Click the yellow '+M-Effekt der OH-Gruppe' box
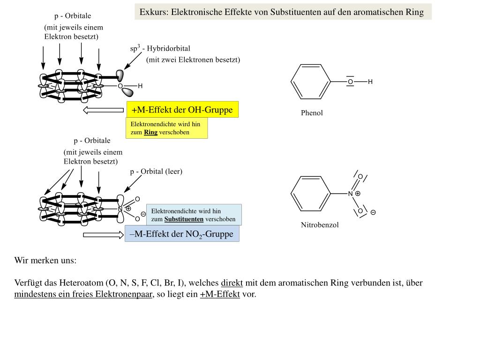pyautogui.click(x=182, y=110)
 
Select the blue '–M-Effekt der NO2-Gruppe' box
pyautogui.click(x=182, y=234)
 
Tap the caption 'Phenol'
pyautogui.click(x=312, y=113)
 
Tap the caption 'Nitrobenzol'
pyautogui.click(x=320, y=225)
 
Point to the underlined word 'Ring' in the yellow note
pyautogui.click(x=150, y=132)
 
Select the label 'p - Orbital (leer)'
pyautogui.click(x=156, y=172)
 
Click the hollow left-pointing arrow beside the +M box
pyautogui.click(x=103, y=111)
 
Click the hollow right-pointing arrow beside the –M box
pyautogui.click(x=103, y=234)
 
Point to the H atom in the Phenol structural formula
pyautogui.click(x=370, y=82)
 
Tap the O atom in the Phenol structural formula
pyautogui.click(x=350, y=82)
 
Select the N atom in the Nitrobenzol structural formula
pyautogui.click(x=350, y=194)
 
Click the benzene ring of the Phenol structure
pyautogui.click(x=311, y=82)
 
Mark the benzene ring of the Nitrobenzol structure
pyautogui.click(x=311, y=194)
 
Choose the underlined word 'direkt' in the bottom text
pyautogui.click(x=232, y=283)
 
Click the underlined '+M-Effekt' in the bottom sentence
pyautogui.click(x=220, y=294)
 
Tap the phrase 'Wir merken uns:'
pyautogui.click(x=45, y=260)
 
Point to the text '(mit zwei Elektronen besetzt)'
pyautogui.click(x=193, y=60)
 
